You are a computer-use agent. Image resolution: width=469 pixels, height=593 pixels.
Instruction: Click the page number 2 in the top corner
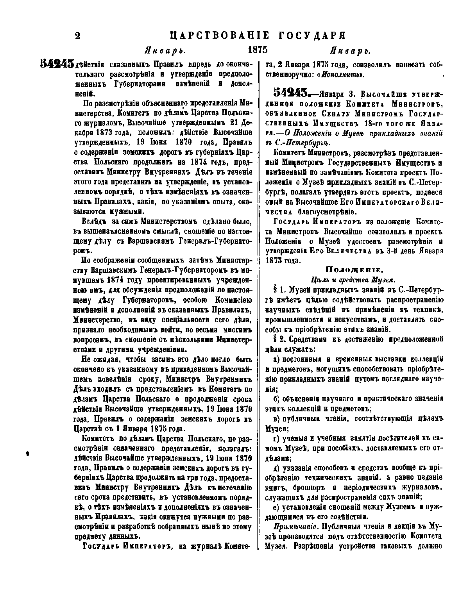click(77, 36)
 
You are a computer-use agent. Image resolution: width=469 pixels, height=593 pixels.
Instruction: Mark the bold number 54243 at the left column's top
click(57, 63)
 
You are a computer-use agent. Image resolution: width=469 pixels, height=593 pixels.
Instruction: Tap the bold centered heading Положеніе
click(349, 269)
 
